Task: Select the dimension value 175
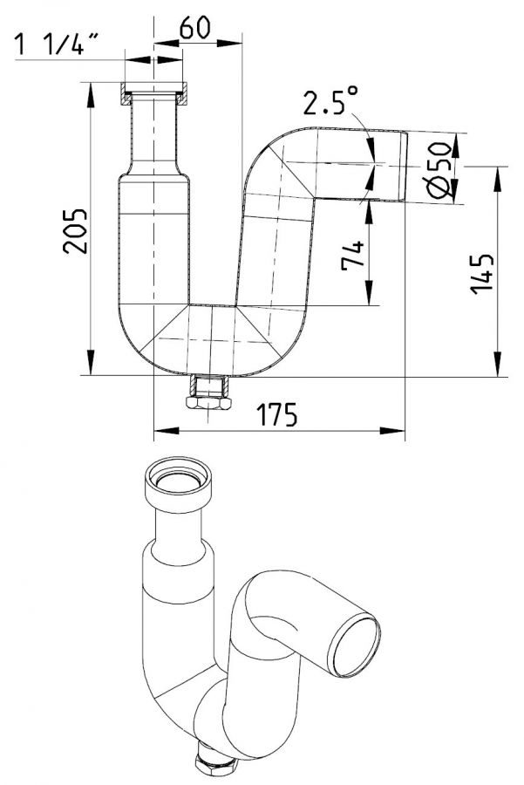pos(278,414)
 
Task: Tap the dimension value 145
pos(483,272)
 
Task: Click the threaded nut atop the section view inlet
pos(154,90)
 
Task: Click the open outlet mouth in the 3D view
pos(358,645)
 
